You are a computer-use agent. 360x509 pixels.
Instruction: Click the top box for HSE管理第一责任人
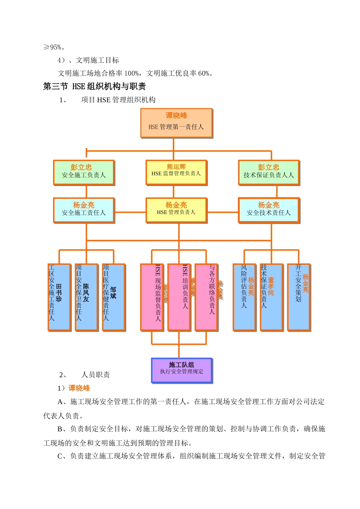(x=176, y=123)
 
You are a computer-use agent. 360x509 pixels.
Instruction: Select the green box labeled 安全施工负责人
(x=84, y=172)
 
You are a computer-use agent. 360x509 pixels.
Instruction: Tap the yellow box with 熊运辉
(x=176, y=172)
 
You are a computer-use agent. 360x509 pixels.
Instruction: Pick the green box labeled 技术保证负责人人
(x=269, y=172)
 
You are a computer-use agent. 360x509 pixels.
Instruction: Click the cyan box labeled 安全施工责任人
(x=84, y=210)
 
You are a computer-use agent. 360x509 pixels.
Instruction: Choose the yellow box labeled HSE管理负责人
(x=176, y=210)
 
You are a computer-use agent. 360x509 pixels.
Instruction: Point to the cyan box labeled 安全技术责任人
(x=269, y=210)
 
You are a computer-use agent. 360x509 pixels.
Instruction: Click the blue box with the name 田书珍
(x=59, y=297)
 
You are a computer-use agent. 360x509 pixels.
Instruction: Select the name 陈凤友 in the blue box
(x=86, y=293)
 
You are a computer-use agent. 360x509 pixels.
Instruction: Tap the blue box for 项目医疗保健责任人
(x=113, y=297)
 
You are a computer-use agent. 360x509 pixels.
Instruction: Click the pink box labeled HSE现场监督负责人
(x=152, y=297)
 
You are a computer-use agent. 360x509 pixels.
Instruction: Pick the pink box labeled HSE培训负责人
(x=179, y=297)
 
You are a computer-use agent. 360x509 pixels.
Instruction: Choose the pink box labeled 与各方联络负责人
(x=206, y=297)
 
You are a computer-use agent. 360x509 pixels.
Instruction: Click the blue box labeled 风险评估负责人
(x=244, y=297)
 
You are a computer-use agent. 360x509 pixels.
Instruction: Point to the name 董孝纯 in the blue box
(x=271, y=286)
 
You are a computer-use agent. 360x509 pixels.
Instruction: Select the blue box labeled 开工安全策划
(x=299, y=297)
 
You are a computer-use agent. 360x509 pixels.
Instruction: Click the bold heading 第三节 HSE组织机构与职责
(x=94, y=86)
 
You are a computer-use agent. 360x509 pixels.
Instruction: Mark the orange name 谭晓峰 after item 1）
(x=79, y=388)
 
